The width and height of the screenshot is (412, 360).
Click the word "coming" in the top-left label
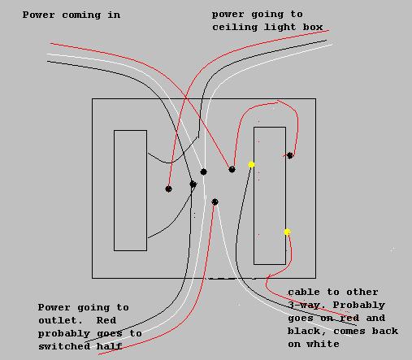click(81, 15)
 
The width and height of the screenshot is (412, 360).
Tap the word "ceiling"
click(235, 27)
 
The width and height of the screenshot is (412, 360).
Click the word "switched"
click(64, 346)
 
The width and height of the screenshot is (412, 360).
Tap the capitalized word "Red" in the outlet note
click(106, 320)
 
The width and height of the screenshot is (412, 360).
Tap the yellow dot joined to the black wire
click(251, 164)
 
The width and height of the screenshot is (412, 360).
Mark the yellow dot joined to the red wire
click(287, 232)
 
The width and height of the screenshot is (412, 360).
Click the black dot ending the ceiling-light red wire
click(168, 189)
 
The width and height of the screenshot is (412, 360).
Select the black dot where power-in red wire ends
click(232, 170)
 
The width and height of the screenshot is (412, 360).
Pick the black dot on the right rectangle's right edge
click(290, 155)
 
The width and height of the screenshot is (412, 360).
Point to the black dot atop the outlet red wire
click(215, 202)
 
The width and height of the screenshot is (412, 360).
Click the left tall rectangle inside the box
click(114, 190)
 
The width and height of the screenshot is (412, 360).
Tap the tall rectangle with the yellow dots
click(254, 196)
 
